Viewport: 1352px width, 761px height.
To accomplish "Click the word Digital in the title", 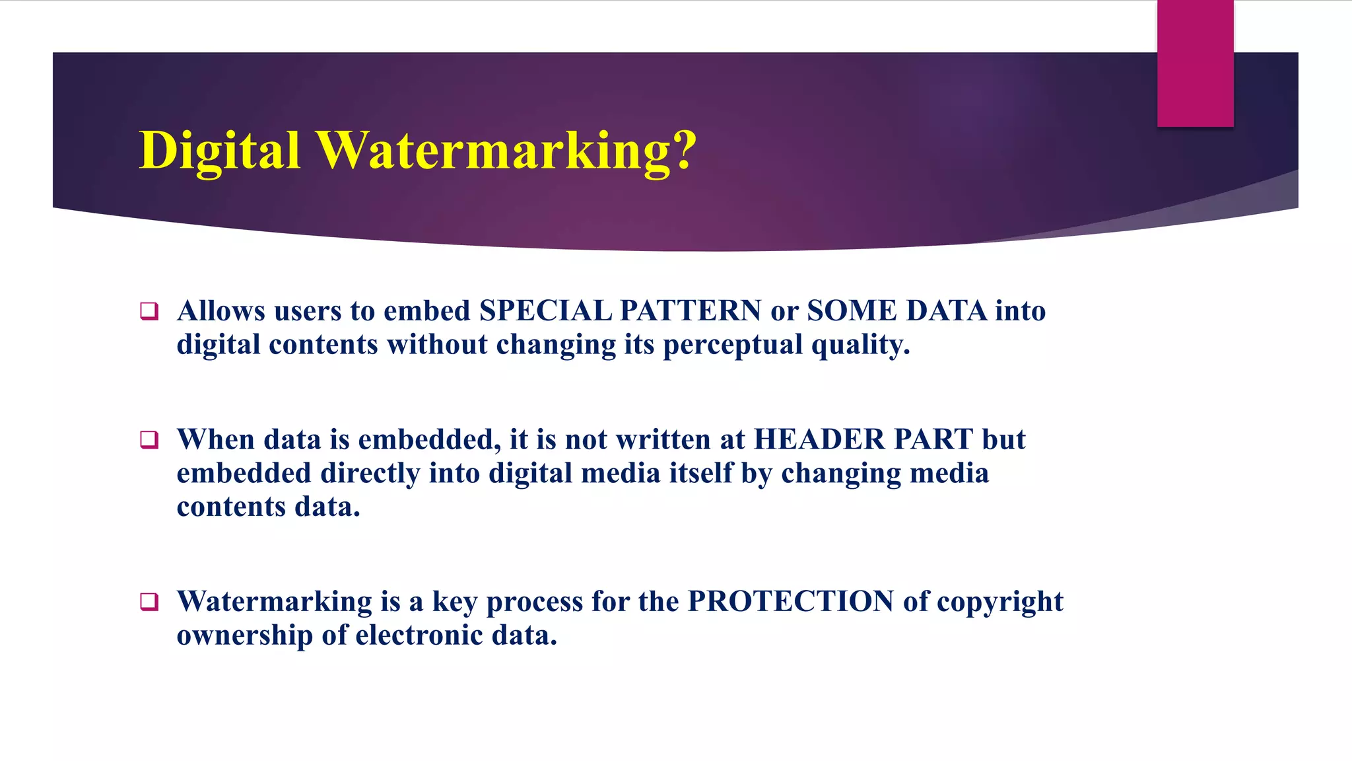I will (220, 151).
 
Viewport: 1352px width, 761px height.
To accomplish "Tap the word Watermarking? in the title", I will (506, 151).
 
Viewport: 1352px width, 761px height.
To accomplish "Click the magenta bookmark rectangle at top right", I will (1195, 63).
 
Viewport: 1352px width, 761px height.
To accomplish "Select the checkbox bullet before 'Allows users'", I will (149, 311).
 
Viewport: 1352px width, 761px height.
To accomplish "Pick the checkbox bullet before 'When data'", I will (149, 440).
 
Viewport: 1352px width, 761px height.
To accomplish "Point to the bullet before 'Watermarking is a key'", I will (149, 602).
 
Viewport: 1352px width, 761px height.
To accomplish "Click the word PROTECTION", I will (790, 602).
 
